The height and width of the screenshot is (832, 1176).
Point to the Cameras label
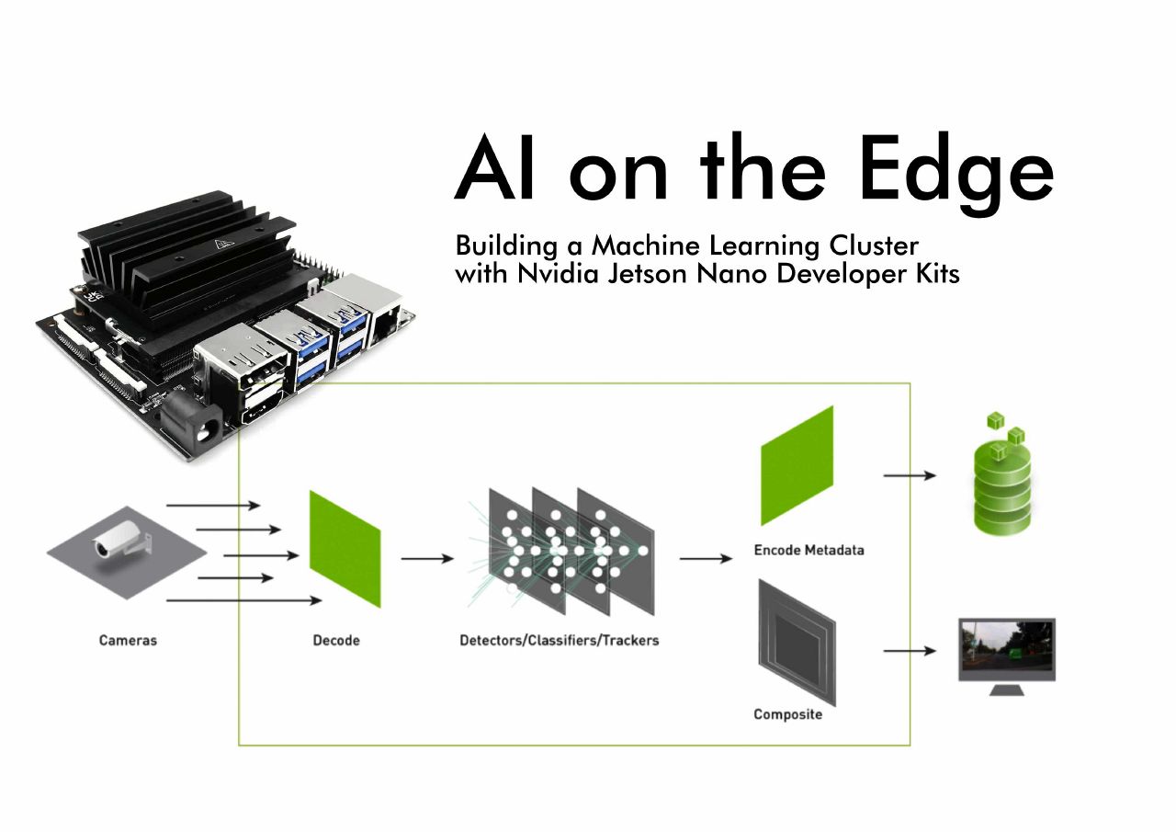click(128, 640)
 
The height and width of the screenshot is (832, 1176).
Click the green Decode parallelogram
click(345, 549)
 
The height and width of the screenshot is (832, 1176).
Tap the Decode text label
click(336, 640)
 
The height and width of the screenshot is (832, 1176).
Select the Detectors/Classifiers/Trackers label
click(559, 640)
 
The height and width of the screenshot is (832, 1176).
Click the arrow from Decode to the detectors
click(426, 558)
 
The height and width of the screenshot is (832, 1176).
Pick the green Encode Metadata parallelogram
click(797, 465)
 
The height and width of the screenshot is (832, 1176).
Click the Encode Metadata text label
click(808, 551)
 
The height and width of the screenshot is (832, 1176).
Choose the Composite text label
click(787, 714)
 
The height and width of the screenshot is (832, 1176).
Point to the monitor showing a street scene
click(1006, 649)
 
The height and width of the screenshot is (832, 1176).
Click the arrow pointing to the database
click(909, 475)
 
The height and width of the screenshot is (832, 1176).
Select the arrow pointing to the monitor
click(909, 651)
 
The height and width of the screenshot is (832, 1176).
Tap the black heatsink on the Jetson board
click(184, 257)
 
